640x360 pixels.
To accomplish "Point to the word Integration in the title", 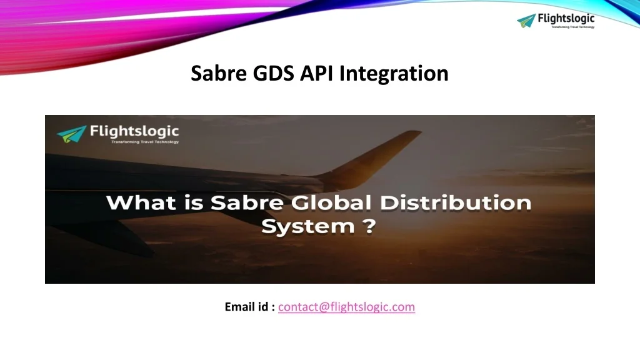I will click(394, 74).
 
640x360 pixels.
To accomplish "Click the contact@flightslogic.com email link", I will click(346, 307).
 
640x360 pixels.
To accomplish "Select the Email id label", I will click(249, 307).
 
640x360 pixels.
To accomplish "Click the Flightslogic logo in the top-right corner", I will click(556, 21).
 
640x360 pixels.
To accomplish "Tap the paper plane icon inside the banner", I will click(71, 134).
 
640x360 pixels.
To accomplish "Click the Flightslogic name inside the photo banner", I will click(134, 131).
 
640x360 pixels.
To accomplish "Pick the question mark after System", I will click(369, 226).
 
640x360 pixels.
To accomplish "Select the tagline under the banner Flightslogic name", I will click(144, 142).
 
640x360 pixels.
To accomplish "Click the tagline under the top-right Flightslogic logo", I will click(572, 27).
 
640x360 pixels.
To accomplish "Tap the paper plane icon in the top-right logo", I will click(527, 21).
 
